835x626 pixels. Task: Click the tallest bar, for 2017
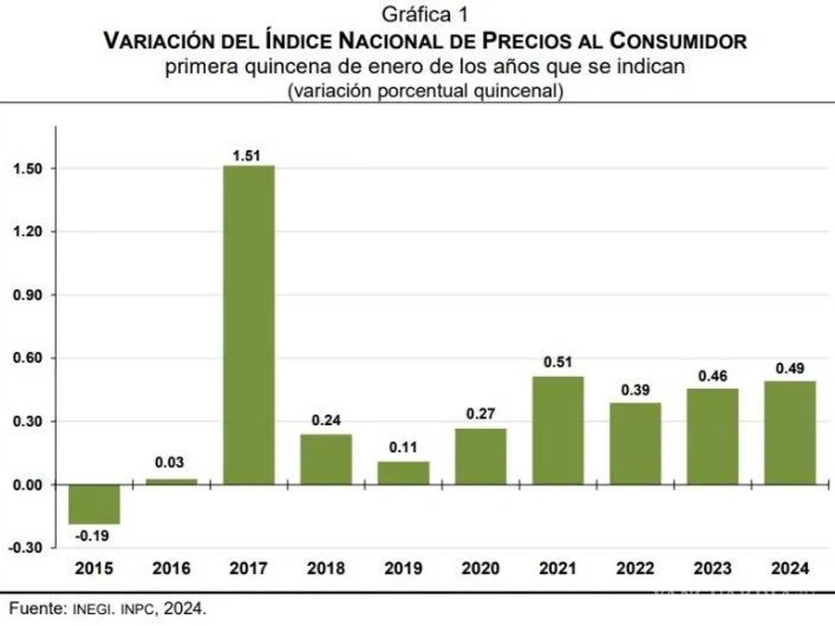click(248, 324)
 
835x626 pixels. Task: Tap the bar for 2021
click(557, 430)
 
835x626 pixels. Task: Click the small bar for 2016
click(171, 481)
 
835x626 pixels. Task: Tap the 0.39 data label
click(635, 391)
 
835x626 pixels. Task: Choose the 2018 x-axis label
click(326, 568)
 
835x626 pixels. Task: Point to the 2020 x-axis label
click(480, 568)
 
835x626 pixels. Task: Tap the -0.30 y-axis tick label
click(25, 548)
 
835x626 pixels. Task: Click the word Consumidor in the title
click(678, 41)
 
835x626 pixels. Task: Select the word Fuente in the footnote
click(35, 609)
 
